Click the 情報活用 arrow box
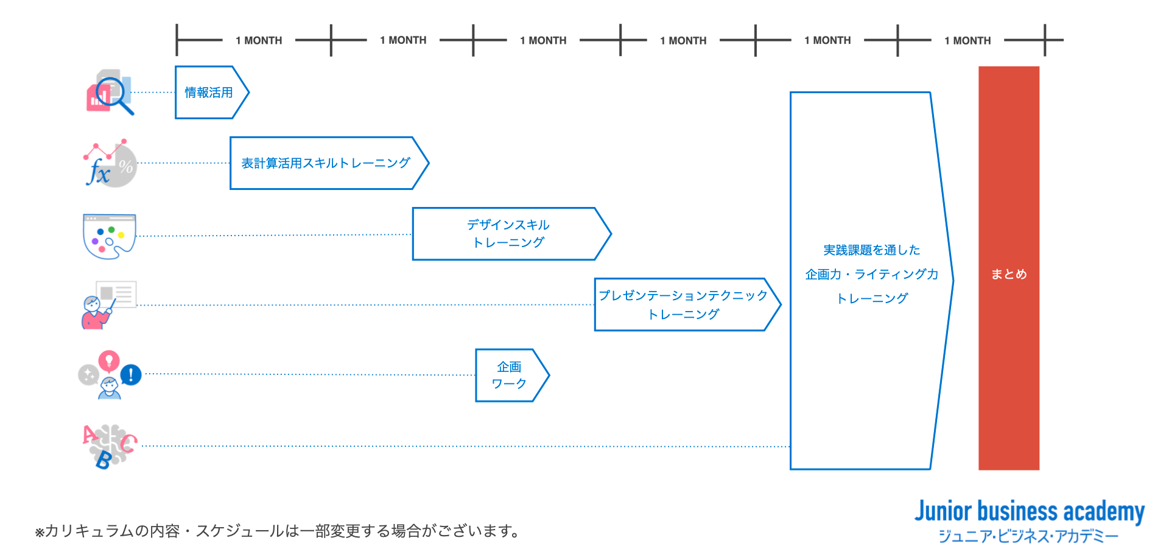209,93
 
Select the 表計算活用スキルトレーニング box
326,163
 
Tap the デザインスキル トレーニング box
508,234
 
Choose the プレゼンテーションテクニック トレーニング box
683,304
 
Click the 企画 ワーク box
509,375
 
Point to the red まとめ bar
1008,268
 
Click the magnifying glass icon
113,94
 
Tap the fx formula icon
99,172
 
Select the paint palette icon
109,236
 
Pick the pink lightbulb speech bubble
109,360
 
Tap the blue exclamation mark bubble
131,374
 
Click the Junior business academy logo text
1029,511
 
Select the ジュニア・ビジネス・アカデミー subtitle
1029,536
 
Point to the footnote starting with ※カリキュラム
278,531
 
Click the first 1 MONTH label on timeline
259,41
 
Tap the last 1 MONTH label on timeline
967,41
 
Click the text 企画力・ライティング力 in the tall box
871,275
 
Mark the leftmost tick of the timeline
177,40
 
